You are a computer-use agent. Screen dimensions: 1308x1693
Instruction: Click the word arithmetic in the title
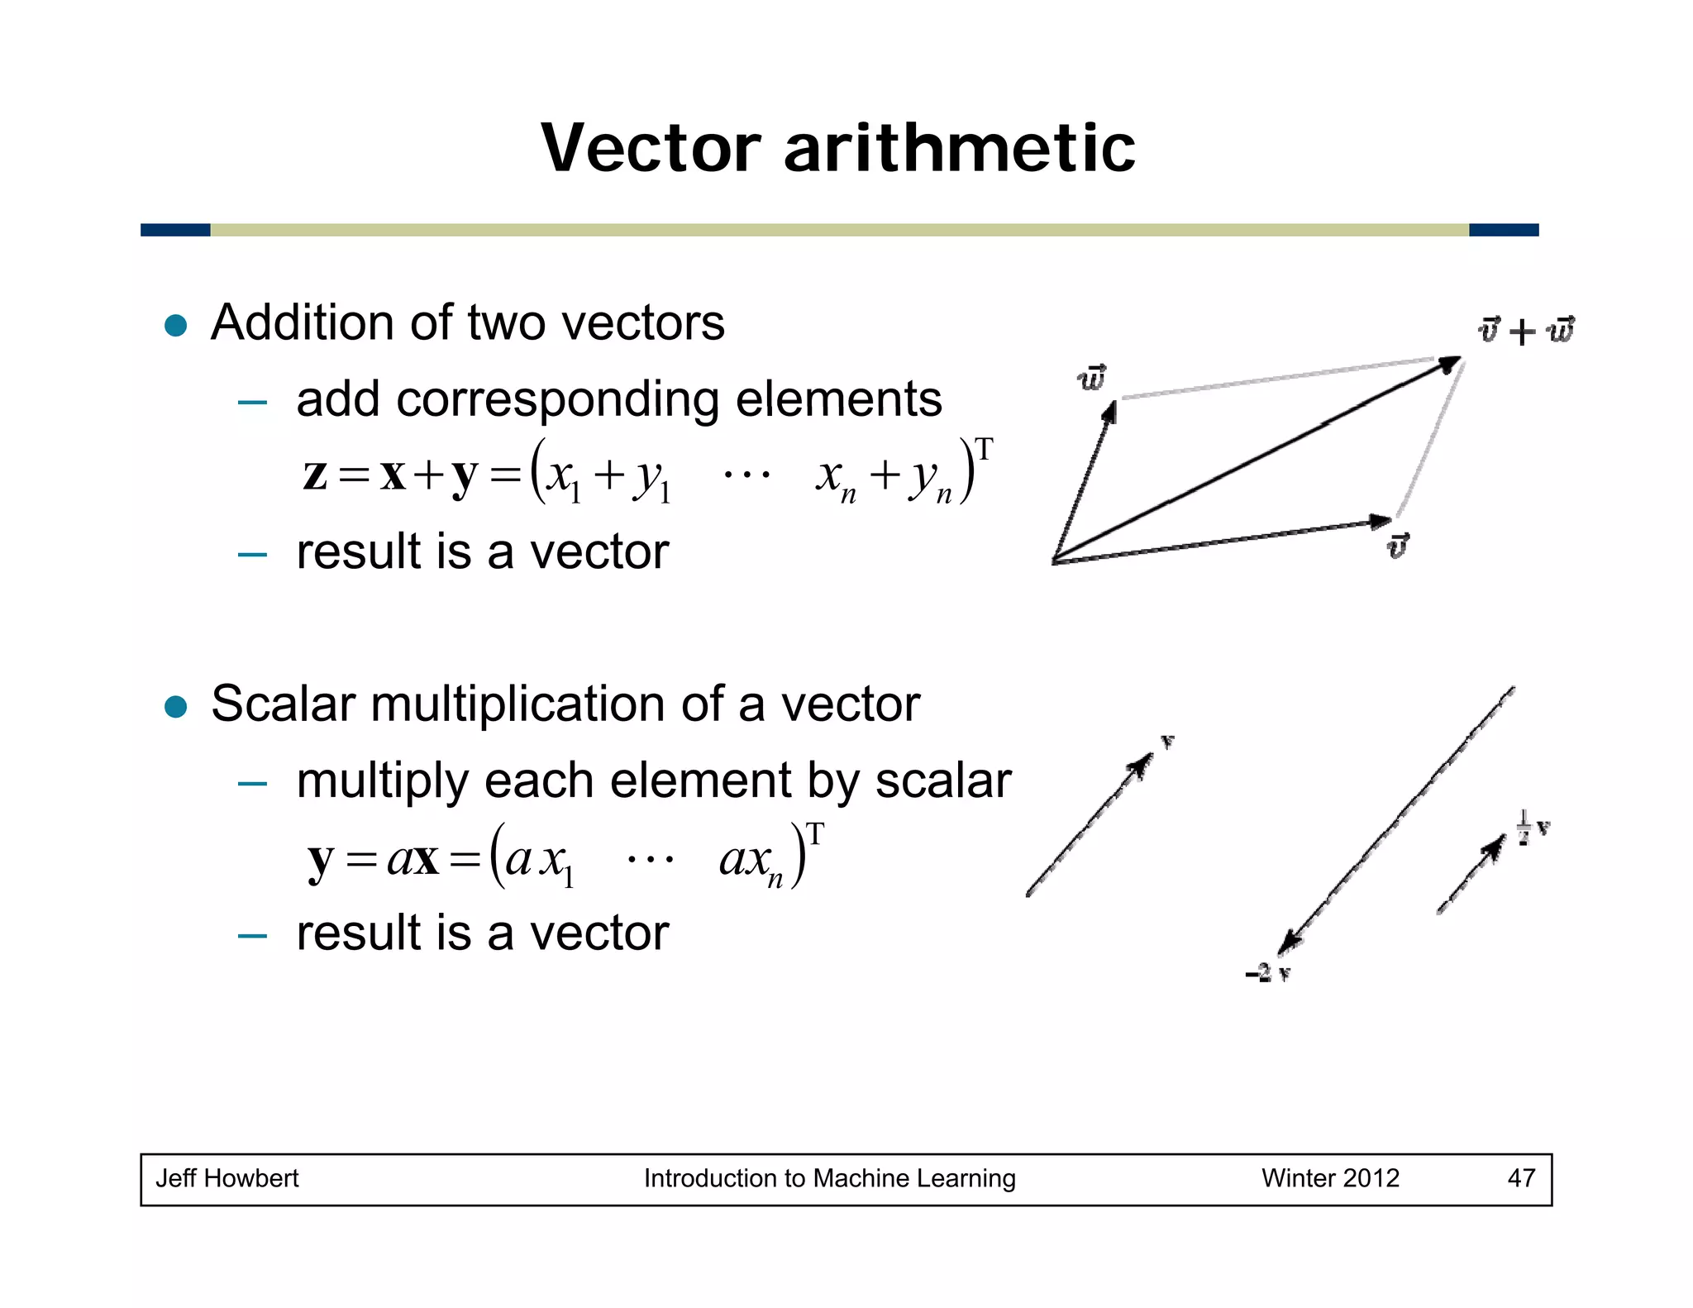click(959, 149)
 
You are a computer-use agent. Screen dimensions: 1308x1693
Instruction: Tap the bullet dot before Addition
click(176, 325)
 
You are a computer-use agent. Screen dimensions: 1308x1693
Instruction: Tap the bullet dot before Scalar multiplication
click(176, 707)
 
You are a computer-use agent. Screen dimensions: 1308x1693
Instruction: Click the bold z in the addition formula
click(315, 475)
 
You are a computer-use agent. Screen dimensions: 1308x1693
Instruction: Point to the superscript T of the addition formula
click(984, 449)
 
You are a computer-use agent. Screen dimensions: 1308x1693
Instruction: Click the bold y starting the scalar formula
click(321, 860)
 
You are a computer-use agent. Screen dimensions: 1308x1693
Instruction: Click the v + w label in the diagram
click(1525, 331)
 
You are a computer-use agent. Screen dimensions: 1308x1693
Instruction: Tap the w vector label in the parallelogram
click(1092, 378)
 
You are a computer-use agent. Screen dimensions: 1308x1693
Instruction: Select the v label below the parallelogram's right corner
click(1397, 546)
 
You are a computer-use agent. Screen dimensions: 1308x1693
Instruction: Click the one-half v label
click(1533, 827)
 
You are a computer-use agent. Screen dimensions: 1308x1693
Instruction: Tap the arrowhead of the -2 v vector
click(1288, 943)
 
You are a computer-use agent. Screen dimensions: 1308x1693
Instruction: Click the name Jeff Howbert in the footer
click(227, 1178)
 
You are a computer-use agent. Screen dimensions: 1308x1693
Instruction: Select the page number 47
click(1521, 1178)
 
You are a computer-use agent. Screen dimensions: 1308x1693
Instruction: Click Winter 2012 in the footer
click(1330, 1178)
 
